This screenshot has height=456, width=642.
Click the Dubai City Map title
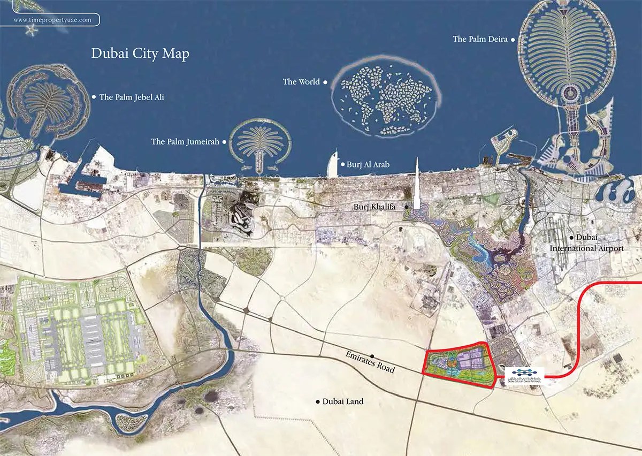tap(140, 54)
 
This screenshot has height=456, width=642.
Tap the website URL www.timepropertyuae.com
tap(49, 20)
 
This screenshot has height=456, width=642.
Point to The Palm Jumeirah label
tap(186, 142)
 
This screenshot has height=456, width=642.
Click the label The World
tap(301, 82)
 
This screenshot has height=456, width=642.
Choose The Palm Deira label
tap(480, 39)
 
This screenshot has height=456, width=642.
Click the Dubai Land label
tap(343, 401)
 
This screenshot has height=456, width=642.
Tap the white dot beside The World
tap(325, 82)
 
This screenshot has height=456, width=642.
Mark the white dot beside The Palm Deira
tap(513, 39)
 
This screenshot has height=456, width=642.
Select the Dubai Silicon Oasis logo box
tap(524, 373)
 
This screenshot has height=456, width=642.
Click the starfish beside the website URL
tap(30, 31)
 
